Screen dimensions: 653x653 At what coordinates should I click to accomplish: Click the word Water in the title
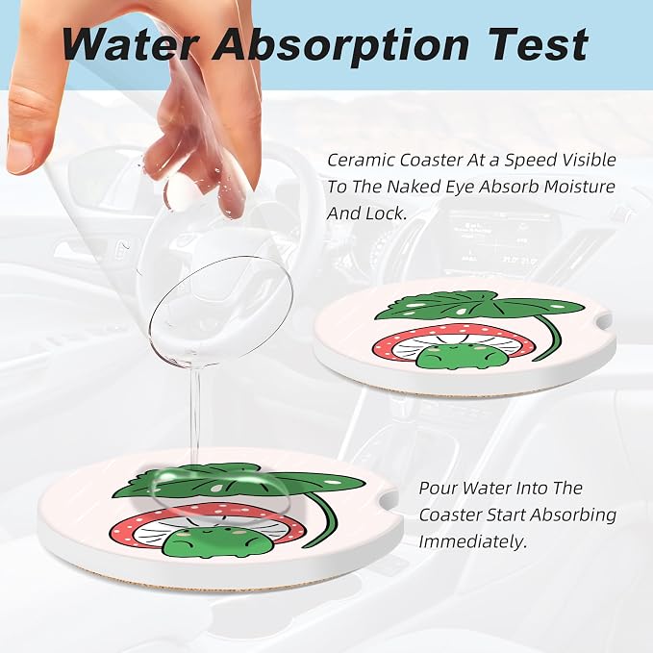130,44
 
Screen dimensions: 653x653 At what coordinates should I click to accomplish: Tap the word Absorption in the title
340,45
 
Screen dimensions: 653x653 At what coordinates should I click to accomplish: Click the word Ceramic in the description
360,160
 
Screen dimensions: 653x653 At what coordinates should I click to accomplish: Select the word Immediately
472,541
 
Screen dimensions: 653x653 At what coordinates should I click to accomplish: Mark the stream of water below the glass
195,420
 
